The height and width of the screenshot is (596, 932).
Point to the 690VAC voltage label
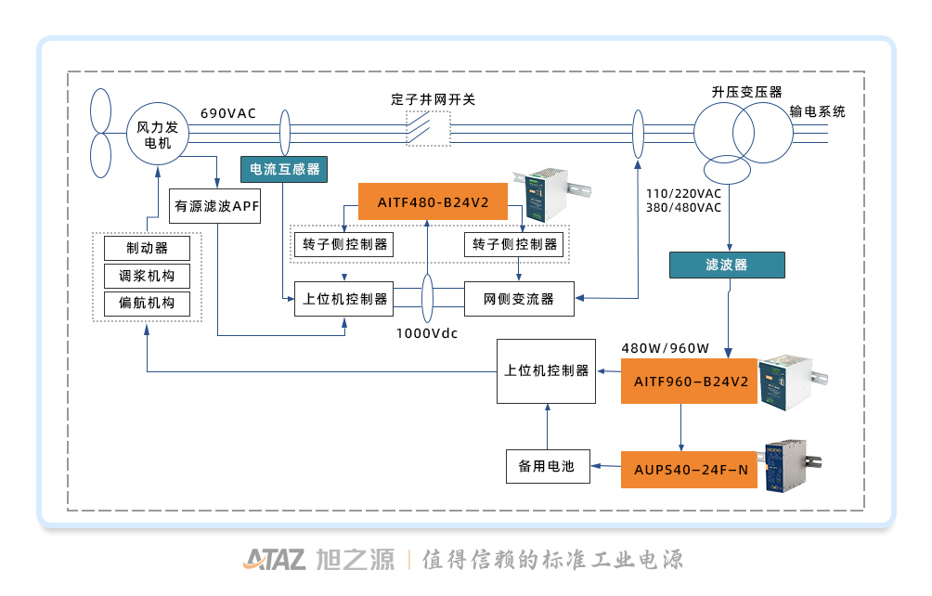(x=228, y=113)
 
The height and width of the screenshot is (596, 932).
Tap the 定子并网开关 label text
(x=434, y=98)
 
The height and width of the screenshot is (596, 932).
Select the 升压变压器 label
(x=747, y=92)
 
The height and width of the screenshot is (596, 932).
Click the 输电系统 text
(x=818, y=110)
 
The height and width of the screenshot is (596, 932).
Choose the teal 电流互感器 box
(x=284, y=169)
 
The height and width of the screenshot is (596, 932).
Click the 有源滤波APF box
(x=216, y=206)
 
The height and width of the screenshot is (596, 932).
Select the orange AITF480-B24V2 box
(x=434, y=201)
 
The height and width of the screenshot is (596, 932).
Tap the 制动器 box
(x=147, y=248)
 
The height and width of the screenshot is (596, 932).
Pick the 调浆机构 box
(x=147, y=276)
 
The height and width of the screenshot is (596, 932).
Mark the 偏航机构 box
(x=147, y=304)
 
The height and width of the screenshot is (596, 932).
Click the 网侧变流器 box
(x=519, y=299)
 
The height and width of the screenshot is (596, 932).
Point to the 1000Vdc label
(x=427, y=333)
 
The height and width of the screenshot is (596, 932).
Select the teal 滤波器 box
(x=727, y=265)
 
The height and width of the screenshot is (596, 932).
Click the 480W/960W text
(x=665, y=348)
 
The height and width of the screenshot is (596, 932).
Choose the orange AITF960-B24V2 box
(x=690, y=381)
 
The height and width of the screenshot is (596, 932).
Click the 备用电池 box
(x=547, y=466)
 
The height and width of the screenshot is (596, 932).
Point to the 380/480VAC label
(x=684, y=207)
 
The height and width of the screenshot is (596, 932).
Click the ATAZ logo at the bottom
(x=275, y=559)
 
